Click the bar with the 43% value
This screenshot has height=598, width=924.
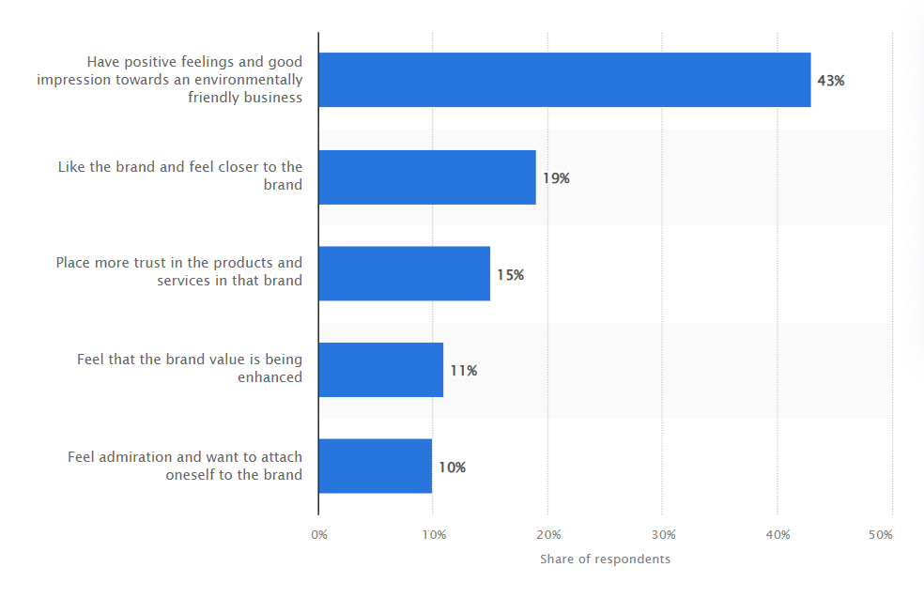tap(564, 80)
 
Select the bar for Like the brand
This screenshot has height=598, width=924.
tap(427, 177)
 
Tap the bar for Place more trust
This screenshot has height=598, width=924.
tap(404, 273)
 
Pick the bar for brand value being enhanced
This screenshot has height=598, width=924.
tap(380, 370)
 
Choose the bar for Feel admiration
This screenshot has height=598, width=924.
tap(376, 466)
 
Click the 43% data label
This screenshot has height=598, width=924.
tap(831, 81)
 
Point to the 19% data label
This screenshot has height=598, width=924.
tap(556, 178)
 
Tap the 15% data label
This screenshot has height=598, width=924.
tap(510, 274)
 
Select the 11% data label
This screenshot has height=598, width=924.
tap(464, 371)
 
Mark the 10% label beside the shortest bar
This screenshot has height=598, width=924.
tap(453, 468)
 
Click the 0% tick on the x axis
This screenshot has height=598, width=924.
tap(319, 535)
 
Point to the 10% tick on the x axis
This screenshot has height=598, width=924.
tap(435, 535)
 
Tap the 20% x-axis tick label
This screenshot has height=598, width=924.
tap(548, 535)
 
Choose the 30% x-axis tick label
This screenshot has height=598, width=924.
tap(664, 535)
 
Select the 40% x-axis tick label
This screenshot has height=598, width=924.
tap(778, 535)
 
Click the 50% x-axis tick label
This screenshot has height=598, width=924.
tap(881, 535)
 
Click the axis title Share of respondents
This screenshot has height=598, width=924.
tap(605, 560)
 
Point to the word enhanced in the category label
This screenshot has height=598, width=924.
tap(269, 377)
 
